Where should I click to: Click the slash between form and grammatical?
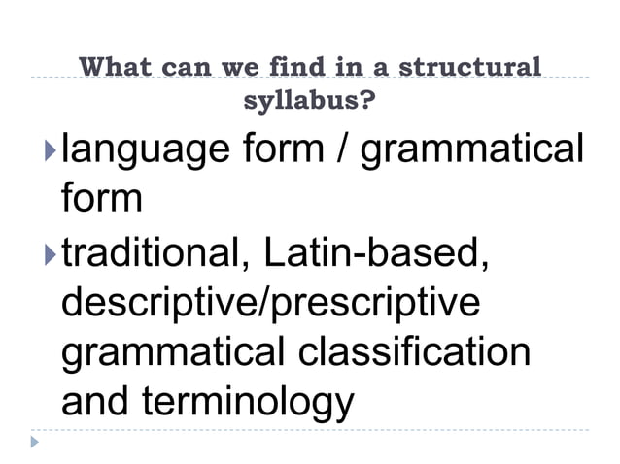344,152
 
